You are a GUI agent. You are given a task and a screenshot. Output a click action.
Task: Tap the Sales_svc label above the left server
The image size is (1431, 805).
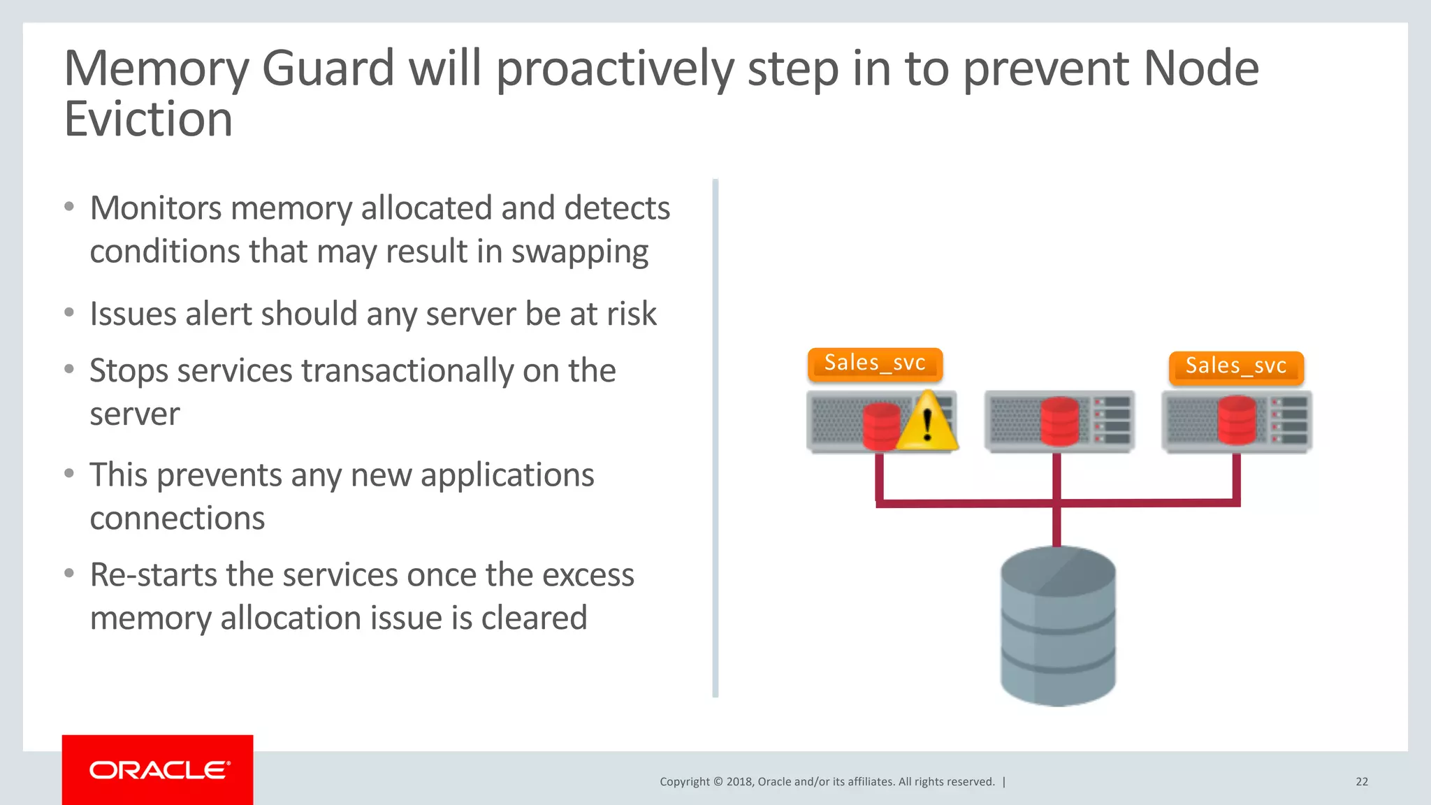[x=875, y=363]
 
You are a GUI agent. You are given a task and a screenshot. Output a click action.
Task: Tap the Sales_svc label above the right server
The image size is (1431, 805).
[x=1235, y=367]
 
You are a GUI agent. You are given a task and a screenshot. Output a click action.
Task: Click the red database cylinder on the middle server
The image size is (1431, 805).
[x=1059, y=421]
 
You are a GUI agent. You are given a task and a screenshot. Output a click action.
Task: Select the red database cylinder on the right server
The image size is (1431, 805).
[x=1237, y=421]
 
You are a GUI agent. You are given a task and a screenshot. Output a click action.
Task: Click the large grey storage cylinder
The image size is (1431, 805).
[x=1058, y=626]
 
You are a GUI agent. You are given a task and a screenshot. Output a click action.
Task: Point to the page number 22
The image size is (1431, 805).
[x=1361, y=782]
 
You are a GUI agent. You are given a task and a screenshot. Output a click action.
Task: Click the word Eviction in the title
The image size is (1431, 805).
[x=148, y=119]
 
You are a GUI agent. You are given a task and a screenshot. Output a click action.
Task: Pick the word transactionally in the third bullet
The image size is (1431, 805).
[x=408, y=371]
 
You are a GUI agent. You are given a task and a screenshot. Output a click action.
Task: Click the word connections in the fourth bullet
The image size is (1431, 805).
[x=177, y=518]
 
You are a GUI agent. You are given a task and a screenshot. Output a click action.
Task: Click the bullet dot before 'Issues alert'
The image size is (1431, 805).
[x=68, y=312]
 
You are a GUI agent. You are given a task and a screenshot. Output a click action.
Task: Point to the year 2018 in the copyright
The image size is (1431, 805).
[x=739, y=782]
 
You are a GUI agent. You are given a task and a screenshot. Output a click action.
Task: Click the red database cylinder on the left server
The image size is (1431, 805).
[x=880, y=426]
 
